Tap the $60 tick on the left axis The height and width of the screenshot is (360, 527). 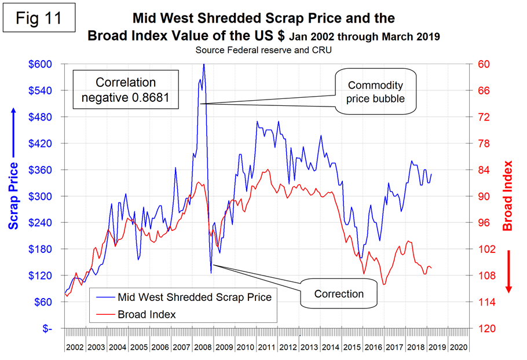point(47,302)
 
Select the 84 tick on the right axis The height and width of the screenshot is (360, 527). point(484,170)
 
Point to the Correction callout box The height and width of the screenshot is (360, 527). point(339,294)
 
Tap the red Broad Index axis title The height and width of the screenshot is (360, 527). point(508,196)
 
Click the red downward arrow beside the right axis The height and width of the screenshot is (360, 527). point(509,271)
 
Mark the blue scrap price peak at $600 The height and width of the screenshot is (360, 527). point(203,65)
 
